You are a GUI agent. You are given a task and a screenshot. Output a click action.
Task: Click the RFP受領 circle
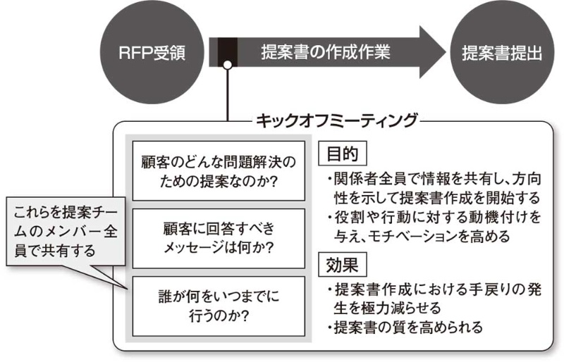[x=152, y=53]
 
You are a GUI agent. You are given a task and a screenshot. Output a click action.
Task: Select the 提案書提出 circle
[x=502, y=53]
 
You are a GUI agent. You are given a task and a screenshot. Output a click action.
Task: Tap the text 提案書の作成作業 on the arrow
[x=324, y=52]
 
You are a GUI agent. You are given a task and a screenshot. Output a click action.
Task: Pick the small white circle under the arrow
[x=227, y=67]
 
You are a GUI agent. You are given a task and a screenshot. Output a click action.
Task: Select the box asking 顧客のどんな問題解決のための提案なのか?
[x=218, y=172]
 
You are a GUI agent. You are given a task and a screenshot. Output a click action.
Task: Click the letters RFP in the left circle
[x=134, y=53]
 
